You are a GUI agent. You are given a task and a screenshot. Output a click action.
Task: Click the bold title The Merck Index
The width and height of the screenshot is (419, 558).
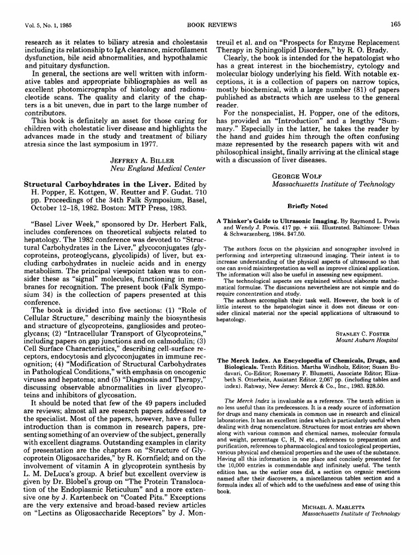pyautogui.click(x=243, y=361)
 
